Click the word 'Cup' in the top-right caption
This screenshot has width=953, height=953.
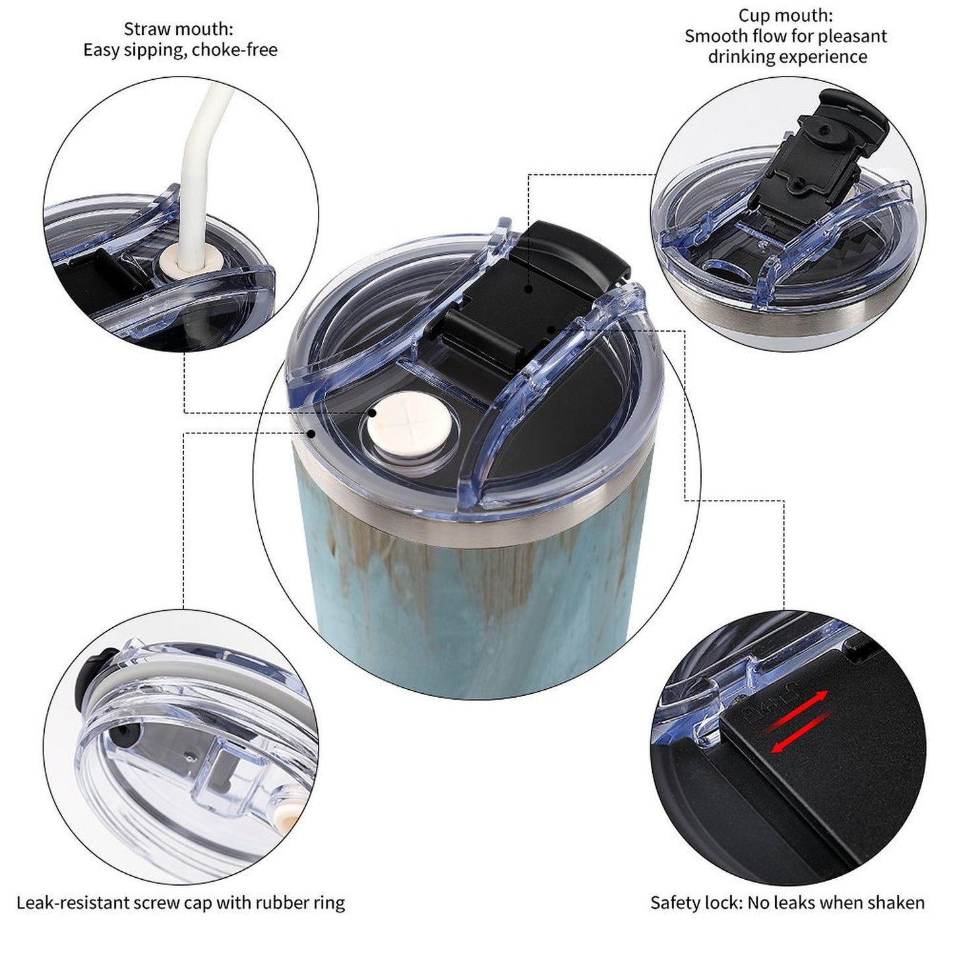pyautogui.click(x=753, y=16)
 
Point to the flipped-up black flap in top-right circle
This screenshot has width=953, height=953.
pyautogui.click(x=816, y=148)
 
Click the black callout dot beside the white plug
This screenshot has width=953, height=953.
pyautogui.click(x=372, y=412)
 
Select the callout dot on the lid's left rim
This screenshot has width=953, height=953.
pyautogui.click(x=311, y=433)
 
